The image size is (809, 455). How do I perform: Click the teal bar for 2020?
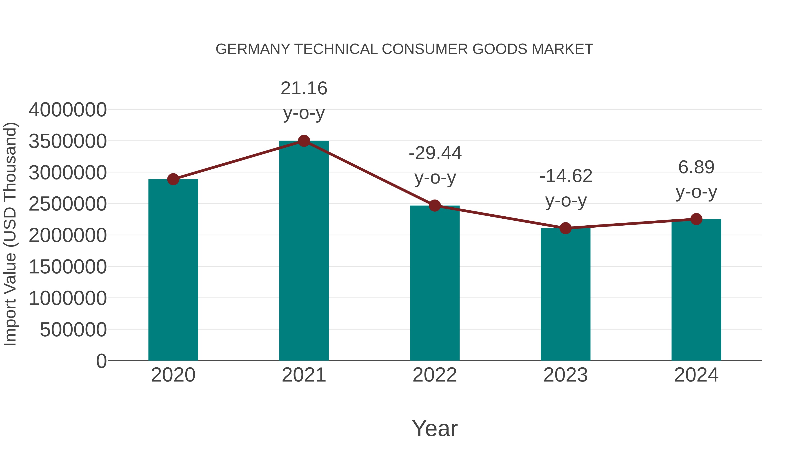[x=173, y=270]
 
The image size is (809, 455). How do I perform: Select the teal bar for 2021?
[x=304, y=251]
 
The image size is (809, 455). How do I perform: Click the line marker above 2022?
[x=435, y=206]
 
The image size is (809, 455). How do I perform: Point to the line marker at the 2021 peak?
[x=304, y=141]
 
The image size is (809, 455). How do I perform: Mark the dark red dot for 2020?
[x=173, y=179]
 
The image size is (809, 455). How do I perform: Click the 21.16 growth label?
[x=304, y=89]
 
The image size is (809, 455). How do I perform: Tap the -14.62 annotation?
[x=566, y=176]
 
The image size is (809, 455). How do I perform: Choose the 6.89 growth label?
[x=696, y=167]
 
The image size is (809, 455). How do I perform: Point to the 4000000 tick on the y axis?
[x=67, y=110]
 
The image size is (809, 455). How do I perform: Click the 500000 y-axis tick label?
[x=73, y=330]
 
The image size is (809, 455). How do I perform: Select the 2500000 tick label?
[x=67, y=204]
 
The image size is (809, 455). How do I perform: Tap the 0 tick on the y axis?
[x=101, y=361]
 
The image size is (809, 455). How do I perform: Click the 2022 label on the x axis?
[x=435, y=375]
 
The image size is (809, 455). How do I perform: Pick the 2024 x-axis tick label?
[x=696, y=375]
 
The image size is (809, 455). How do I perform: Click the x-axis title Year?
[x=435, y=428]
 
